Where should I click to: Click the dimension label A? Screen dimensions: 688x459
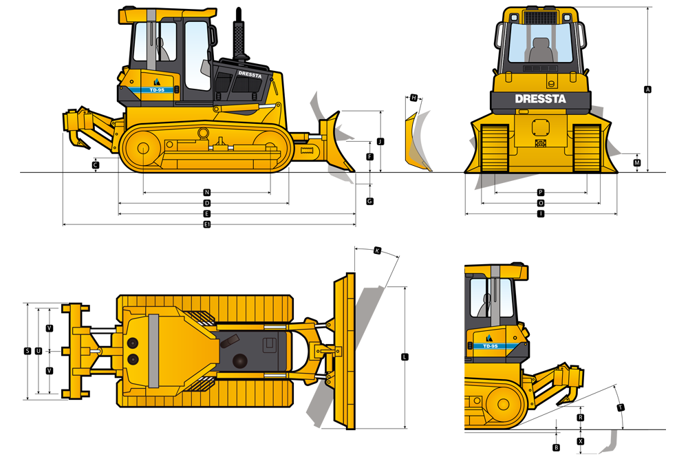click(x=647, y=89)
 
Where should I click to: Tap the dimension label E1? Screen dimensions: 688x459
click(x=207, y=224)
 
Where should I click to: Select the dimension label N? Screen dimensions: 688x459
click(x=207, y=192)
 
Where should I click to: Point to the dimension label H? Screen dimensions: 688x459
click(x=413, y=98)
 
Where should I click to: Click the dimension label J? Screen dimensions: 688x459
click(x=380, y=141)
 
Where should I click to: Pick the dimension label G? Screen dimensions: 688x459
click(x=370, y=201)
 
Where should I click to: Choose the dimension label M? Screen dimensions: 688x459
click(x=637, y=163)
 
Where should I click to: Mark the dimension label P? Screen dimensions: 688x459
click(x=541, y=192)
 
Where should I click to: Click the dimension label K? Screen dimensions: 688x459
click(x=377, y=250)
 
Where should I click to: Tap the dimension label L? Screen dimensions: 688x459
click(x=405, y=356)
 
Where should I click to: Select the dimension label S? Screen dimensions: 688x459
click(x=28, y=351)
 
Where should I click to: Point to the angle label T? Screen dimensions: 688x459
click(x=621, y=407)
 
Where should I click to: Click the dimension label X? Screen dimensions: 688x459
click(x=581, y=441)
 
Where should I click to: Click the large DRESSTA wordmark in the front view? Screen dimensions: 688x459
click(x=541, y=98)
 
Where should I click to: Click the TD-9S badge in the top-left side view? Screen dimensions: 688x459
click(x=157, y=90)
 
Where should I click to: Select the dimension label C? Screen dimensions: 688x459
click(x=95, y=165)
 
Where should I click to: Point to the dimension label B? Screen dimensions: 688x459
click(x=556, y=447)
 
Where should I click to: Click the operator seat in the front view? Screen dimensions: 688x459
click(x=541, y=50)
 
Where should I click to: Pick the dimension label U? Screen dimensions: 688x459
click(x=38, y=351)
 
